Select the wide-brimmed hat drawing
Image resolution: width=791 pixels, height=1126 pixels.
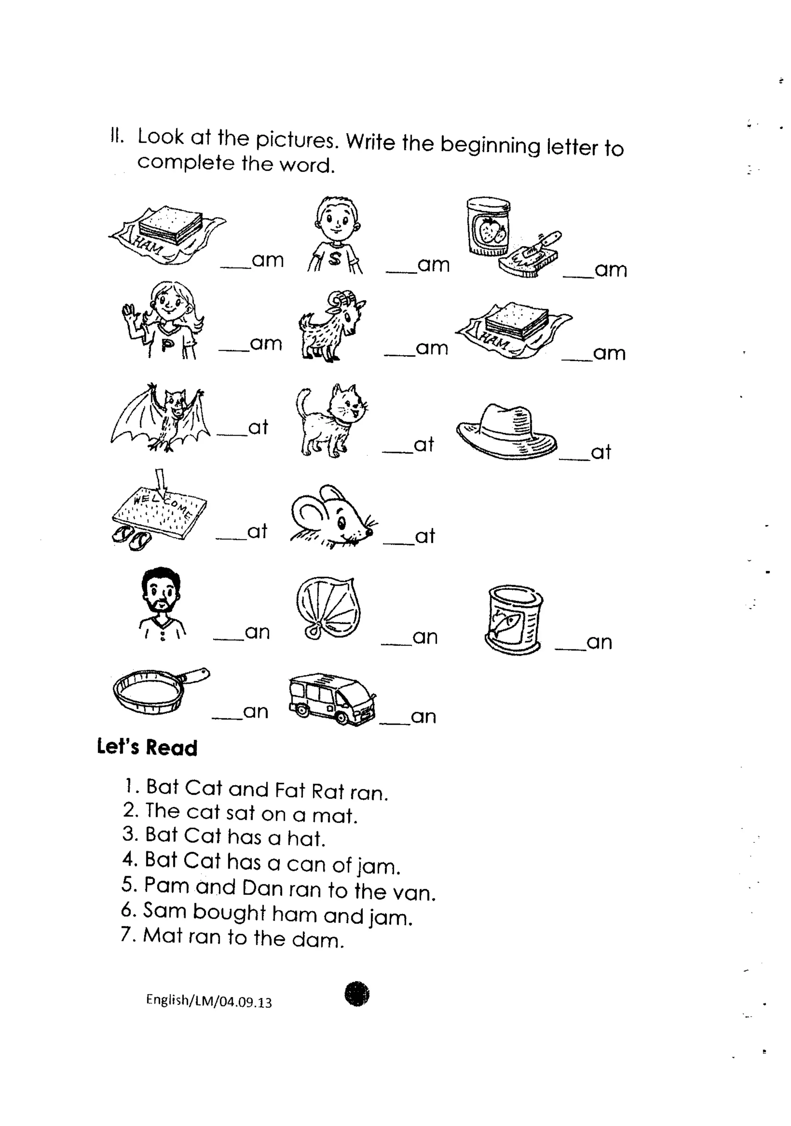click(506, 432)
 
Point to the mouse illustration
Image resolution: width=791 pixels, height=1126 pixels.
click(331, 517)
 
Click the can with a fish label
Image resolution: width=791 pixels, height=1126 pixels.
click(513, 620)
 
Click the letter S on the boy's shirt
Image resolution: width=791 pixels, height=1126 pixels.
click(335, 259)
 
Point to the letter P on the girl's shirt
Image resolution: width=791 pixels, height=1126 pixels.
click(167, 346)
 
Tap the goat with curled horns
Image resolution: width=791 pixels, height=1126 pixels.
click(331, 326)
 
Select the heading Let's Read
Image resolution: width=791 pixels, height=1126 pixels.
click(147, 747)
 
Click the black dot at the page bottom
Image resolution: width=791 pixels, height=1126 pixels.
click(357, 994)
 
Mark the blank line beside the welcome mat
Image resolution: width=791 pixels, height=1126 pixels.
click(231, 539)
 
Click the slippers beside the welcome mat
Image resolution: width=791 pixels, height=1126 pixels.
click(131, 539)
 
